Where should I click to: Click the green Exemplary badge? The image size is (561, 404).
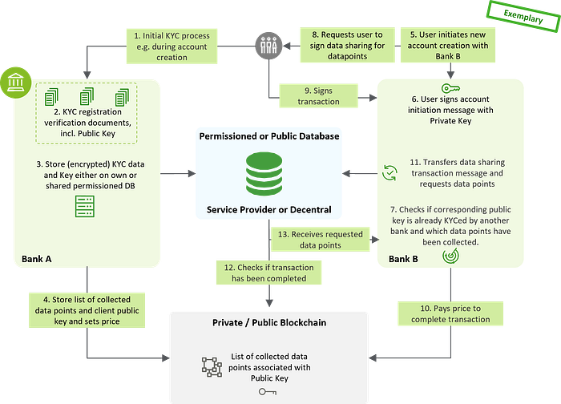523,15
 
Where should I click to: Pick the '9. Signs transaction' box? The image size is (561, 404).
317,95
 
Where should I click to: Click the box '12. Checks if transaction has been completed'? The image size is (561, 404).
265,273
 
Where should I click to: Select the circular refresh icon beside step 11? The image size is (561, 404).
391,170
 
